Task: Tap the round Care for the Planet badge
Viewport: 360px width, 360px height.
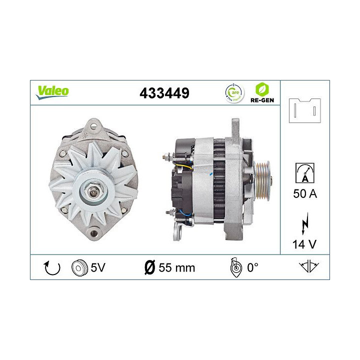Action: tap(234, 92)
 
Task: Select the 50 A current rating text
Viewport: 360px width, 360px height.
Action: tap(304, 193)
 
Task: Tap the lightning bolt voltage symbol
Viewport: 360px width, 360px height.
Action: tap(304, 224)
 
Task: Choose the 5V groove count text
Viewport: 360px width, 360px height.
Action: tap(98, 267)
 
